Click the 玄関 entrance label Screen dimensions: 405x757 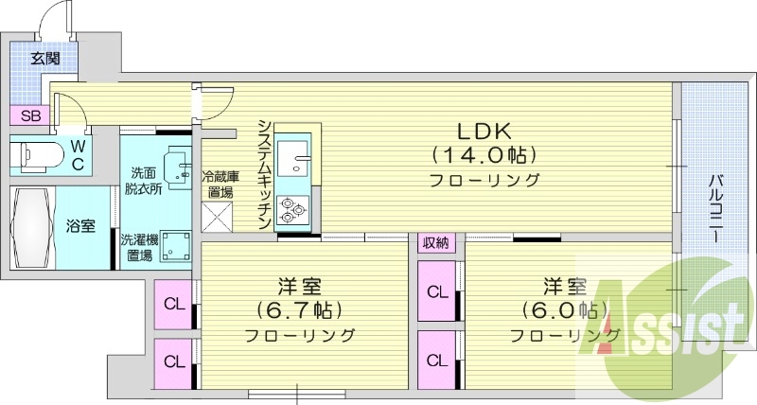[45, 59]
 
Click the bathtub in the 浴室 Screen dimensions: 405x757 [33, 227]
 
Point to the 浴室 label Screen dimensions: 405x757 [79, 227]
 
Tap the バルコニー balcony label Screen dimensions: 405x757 [717, 207]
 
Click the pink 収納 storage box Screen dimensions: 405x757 [435, 243]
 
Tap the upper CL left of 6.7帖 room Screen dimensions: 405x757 [174, 304]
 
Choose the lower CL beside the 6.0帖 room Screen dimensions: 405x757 [436, 361]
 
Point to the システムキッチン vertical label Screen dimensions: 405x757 [265, 174]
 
